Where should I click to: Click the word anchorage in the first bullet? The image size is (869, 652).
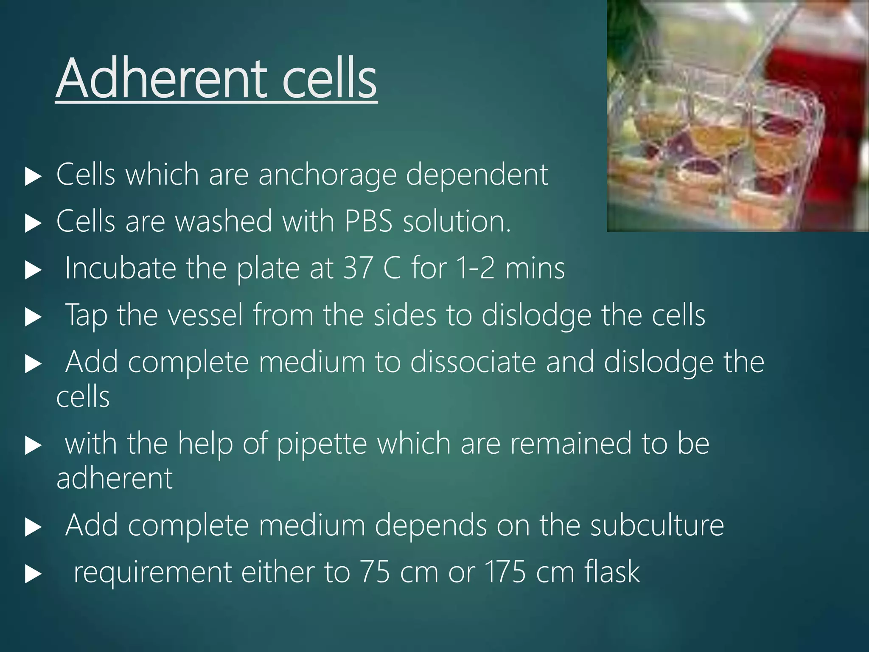pos(327,175)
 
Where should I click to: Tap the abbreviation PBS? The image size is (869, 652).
pos(368,222)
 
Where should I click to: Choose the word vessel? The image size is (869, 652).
pos(205,315)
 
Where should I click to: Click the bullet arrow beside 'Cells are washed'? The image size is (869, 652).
pos(33,223)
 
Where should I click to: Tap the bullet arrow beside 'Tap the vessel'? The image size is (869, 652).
pos(33,317)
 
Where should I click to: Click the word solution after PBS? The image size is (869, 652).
pos(456,222)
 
